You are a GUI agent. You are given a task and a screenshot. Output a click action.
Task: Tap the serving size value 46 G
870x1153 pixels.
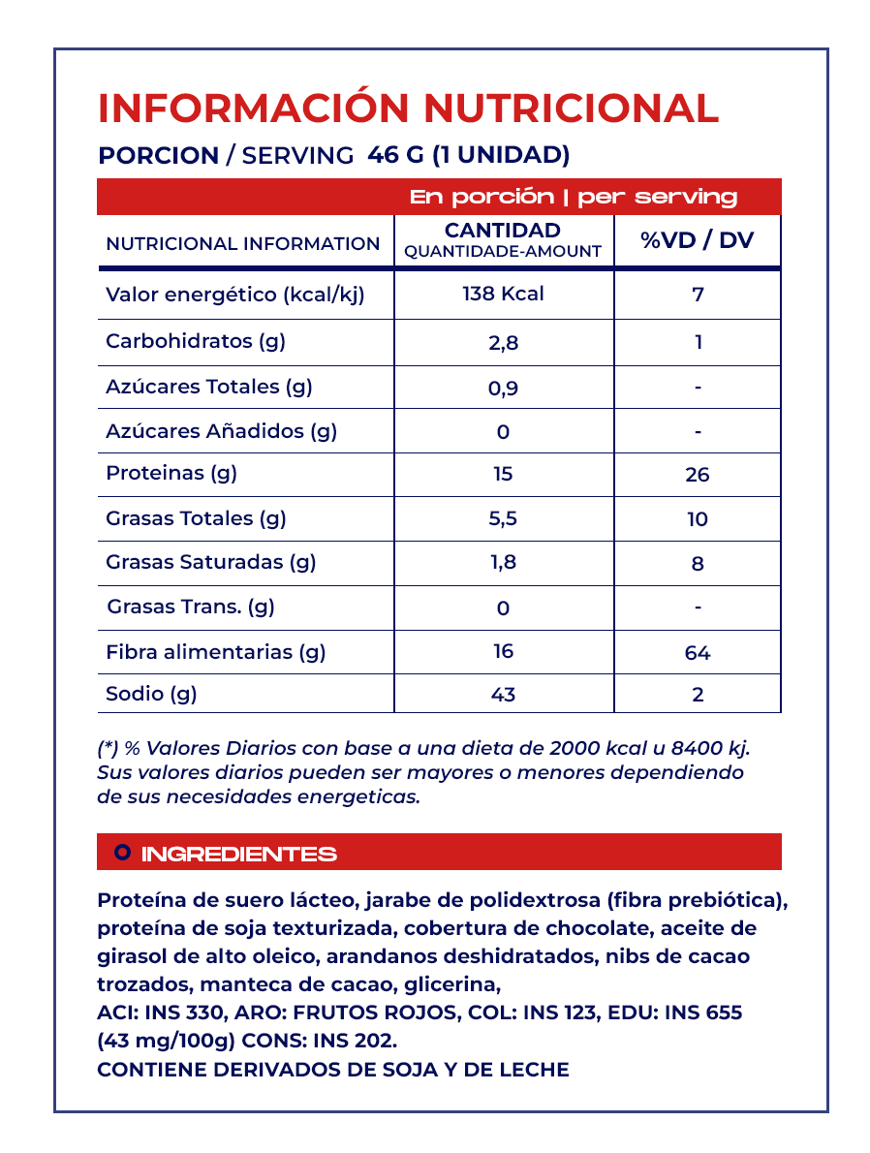point(395,155)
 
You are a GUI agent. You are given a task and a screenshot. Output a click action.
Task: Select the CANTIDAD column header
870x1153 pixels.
point(502,231)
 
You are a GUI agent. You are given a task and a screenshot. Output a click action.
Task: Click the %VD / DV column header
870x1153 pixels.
point(698,240)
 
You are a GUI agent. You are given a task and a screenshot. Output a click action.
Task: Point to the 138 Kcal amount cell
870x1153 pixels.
point(503,294)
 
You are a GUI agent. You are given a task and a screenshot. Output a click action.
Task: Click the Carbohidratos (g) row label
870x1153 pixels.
point(195,341)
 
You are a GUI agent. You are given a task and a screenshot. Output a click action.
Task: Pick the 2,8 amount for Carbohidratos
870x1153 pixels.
point(503,343)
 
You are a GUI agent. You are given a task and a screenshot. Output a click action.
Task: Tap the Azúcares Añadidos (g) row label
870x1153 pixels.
point(221,431)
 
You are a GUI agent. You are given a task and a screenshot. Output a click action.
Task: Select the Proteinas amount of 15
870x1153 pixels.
point(503,474)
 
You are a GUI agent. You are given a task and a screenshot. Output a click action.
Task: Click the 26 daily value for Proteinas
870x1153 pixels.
point(698,475)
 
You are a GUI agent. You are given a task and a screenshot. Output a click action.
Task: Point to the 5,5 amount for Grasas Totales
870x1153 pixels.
point(503,518)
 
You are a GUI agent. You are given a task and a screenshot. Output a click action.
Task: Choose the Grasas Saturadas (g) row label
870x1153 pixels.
point(210,562)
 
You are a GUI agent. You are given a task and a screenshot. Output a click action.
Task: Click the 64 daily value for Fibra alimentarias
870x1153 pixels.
point(698,653)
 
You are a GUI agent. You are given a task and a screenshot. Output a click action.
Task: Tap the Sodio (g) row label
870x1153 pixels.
point(151,694)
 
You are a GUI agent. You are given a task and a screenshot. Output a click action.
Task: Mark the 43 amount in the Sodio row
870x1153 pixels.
point(503,695)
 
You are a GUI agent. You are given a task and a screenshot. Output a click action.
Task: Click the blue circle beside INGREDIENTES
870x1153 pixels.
point(122,853)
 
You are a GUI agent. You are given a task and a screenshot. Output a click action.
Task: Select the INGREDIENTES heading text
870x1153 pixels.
point(239,855)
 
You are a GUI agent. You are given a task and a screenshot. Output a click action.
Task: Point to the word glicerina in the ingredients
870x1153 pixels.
point(453,984)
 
